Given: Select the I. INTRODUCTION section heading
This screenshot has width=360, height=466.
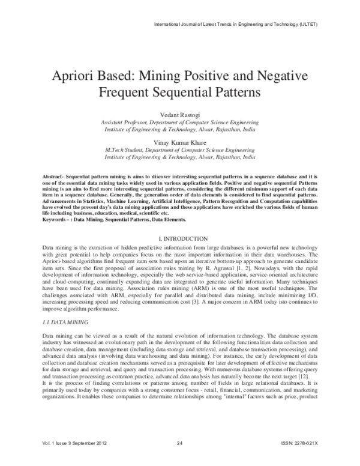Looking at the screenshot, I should (x=179, y=239).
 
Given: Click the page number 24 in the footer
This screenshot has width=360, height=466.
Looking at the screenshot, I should (x=179, y=460).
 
